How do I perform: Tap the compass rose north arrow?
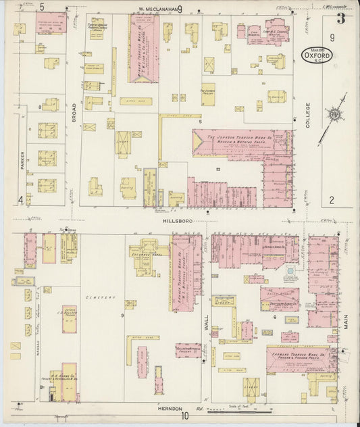(334, 116)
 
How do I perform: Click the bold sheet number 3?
(341, 19)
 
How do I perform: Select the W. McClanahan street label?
(157, 9)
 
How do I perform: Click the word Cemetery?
(101, 297)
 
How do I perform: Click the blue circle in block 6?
(290, 270)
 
